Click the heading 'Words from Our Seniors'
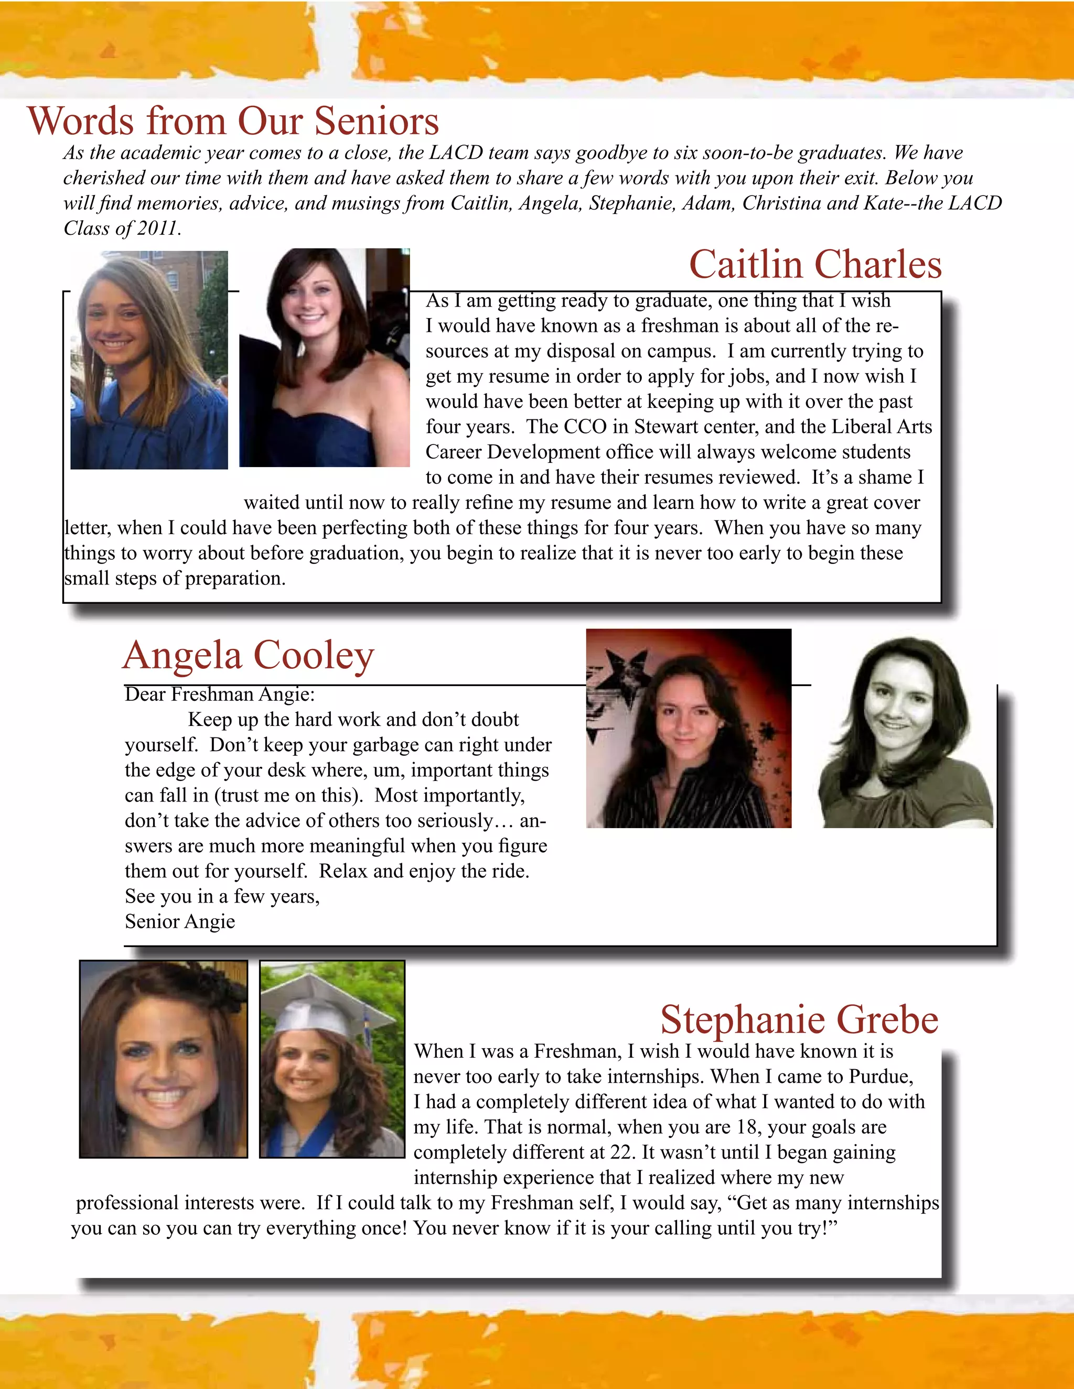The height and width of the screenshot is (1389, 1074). pyautogui.click(x=233, y=121)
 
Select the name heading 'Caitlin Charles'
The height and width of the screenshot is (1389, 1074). pyautogui.click(x=815, y=265)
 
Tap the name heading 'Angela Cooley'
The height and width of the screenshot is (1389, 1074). pyautogui.click(x=248, y=655)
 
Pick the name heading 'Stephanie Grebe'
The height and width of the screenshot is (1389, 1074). pyautogui.click(x=799, y=1019)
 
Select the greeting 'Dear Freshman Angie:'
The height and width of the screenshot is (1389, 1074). pyautogui.click(x=220, y=694)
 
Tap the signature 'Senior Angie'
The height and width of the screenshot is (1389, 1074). pyautogui.click(x=180, y=921)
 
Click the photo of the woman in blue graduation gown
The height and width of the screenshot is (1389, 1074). pyautogui.click(x=149, y=360)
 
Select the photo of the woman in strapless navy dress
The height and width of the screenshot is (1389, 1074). pyautogui.click(x=325, y=357)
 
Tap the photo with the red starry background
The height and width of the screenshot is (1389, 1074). pyautogui.click(x=689, y=728)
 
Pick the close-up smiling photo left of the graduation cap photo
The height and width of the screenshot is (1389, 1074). pyautogui.click(x=164, y=1058)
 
